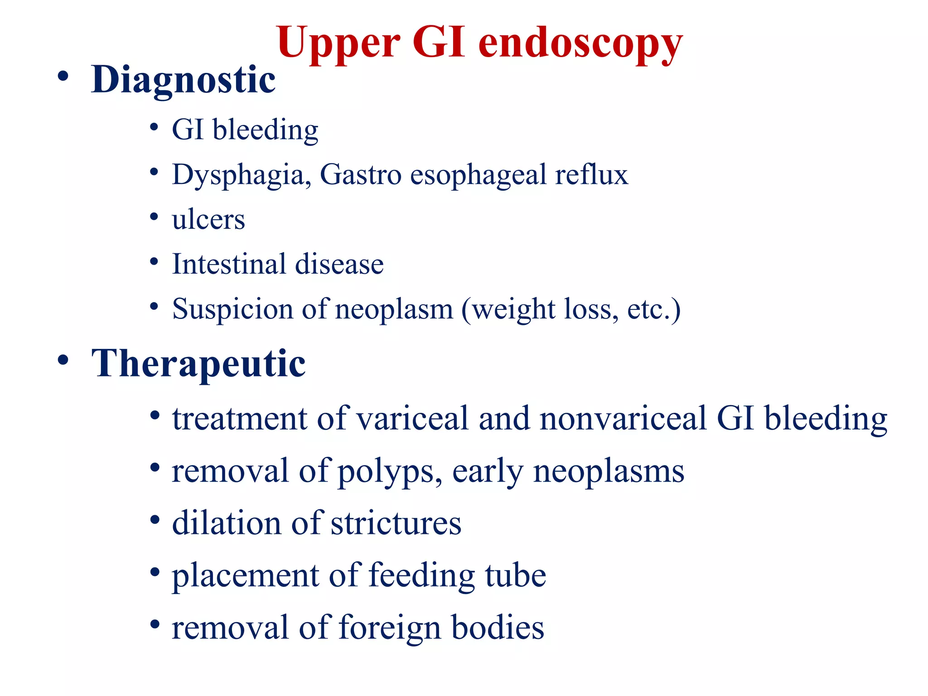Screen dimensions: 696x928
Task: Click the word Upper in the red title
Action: [x=338, y=43]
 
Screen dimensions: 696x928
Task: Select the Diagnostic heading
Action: [x=183, y=80]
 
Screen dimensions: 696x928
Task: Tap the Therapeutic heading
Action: [x=198, y=363]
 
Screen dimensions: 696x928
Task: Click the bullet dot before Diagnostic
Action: [x=63, y=76]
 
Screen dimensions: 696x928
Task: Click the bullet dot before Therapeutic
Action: [x=63, y=360]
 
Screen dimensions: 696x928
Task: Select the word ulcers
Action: [x=208, y=220]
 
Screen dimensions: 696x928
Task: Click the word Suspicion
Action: [x=232, y=309]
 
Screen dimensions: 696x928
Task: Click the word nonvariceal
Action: [x=623, y=418]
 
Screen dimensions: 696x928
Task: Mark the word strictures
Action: [x=396, y=523]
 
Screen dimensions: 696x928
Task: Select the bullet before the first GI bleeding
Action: [x=154, y=127]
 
